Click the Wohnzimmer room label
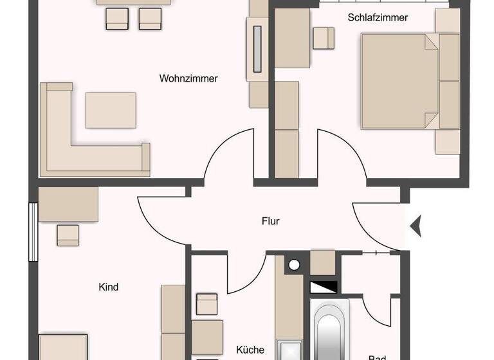click(x=188, y=79)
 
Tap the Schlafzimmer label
click(x=378, y=18)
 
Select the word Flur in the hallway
click(x=271, y=222)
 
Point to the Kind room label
click(x=109, y=287)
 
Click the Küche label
click(x=250, y=350)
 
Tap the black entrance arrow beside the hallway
click(x=416, y=225)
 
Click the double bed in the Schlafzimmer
click(x=399, y=80)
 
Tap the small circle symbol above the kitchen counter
click(x=295, y=264)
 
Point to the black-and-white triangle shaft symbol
click(x=324, y=287)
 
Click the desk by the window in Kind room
click(x=68, y=204)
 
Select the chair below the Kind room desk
click(x=68, y=235)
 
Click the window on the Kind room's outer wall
click(x=32, y=231)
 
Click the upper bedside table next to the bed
click(x=448, y=21)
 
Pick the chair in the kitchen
click(x=207, y=304)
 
